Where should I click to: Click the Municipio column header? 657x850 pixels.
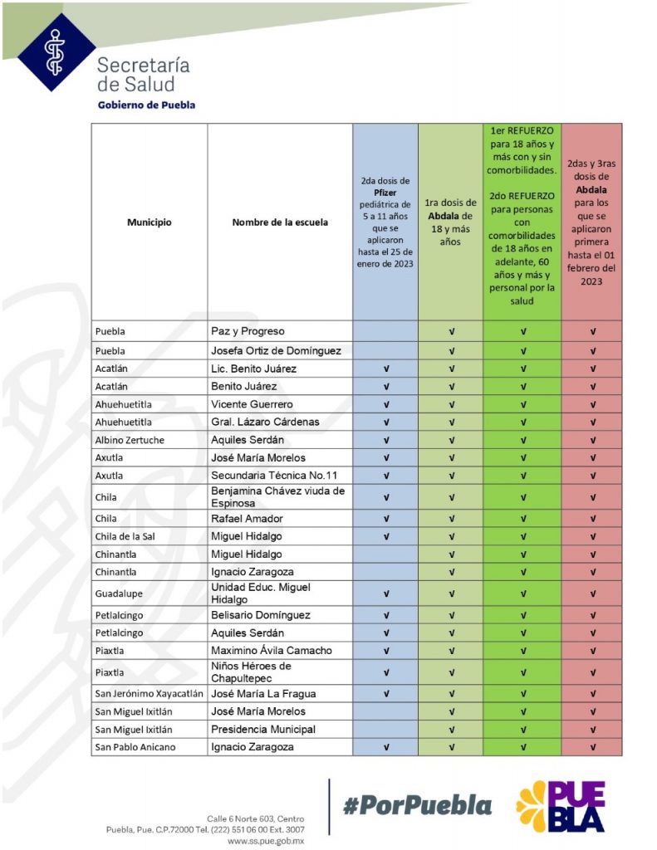click(x=150, y=222)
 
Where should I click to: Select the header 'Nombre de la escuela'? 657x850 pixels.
click(x=280, y=222)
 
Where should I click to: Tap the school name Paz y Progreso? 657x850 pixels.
click(x=248, y=331)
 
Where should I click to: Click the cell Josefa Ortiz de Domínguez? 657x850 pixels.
click(x=276, y=350)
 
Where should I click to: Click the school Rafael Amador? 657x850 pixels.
click(x=247, y=519)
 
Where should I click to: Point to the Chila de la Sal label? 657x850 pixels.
click(x=125, y=536)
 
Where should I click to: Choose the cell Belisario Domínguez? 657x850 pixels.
click(x=261, y=615)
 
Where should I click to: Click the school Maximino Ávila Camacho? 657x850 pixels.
click(x=272, y=651)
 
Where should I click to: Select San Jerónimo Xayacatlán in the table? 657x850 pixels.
click(x=149, y=694)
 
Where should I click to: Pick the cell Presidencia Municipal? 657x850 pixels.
click(x=263, y=730)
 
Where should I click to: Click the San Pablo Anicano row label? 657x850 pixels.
click(x=135, y=747)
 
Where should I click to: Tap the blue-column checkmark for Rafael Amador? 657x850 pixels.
click(x=385, y=519)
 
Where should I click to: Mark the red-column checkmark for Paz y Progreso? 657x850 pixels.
click(x=592, y=331)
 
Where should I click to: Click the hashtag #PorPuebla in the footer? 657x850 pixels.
click(x=417, y=805)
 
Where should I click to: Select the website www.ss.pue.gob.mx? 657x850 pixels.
click(x=266, y=841)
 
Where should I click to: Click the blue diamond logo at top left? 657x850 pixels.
click(x=56, y=51)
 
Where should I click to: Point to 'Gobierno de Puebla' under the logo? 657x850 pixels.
click(x=146, y=105)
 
